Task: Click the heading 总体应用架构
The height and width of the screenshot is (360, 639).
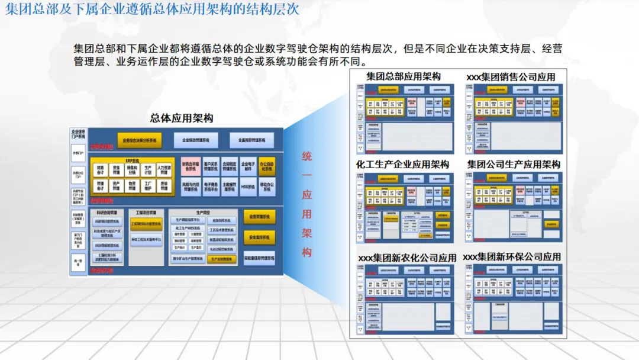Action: pos(182,118)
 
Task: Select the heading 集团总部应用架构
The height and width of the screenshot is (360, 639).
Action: pos(404,76)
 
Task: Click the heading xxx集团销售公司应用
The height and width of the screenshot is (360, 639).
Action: pos(511,77)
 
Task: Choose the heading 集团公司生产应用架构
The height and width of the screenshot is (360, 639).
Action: pos(513,164)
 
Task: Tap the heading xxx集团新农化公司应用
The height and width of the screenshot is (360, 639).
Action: pos(408,258)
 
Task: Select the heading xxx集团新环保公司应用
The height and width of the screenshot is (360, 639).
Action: pos(512,257)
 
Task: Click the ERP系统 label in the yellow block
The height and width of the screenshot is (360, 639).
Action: pos(132,160)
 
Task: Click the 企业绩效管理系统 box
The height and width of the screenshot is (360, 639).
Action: pos(196,140)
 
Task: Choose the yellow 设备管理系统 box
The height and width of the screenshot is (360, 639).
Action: pos(259,217)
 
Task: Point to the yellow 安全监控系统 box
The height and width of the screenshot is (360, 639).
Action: pos(259,237)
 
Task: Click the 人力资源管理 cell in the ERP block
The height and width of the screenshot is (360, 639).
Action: pos(163,171)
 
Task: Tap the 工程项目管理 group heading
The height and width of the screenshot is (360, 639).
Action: pos(146,212)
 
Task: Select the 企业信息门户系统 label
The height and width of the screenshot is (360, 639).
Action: pos(78,134)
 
